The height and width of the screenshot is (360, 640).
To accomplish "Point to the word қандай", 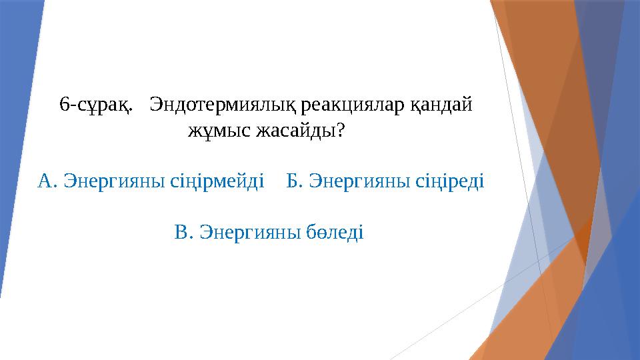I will pyautogui.click(x=441, y=105).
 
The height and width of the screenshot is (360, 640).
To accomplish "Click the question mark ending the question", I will pyautogui.click(x=341, y=131).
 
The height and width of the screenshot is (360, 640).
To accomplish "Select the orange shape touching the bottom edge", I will pyautogui.click(x=527, y=313).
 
